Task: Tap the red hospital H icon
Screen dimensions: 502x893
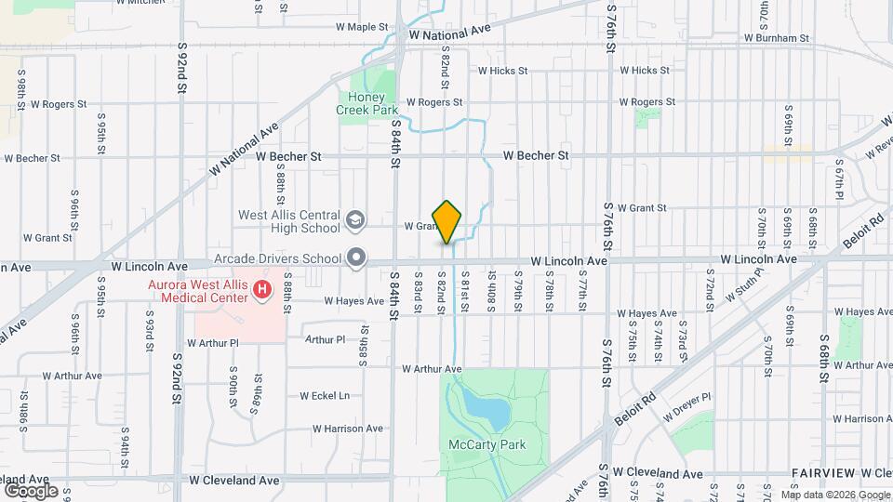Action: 262,291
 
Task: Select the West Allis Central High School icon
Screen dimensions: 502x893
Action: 354,220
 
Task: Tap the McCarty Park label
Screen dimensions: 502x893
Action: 486,444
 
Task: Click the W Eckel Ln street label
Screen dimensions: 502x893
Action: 324,395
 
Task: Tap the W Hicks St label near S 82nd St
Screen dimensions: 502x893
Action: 502,70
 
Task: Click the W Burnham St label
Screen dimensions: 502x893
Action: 776,38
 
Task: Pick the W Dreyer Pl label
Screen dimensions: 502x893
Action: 686,397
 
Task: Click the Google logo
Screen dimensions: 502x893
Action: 31,490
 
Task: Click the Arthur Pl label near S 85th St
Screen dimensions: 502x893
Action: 325,340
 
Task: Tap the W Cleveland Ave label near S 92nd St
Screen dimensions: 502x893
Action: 234,481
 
